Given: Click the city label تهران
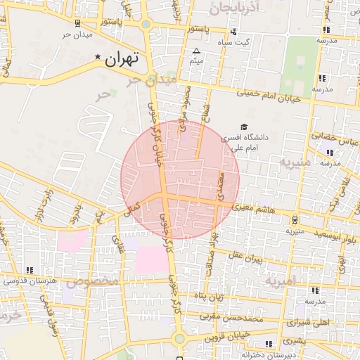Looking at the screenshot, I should point(123,60).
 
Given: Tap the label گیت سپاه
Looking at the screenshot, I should point(253,42).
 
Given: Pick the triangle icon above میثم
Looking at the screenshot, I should point(196,51).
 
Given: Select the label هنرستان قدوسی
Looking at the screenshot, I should point(28,281).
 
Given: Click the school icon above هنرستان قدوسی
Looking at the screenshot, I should point(29,270).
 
